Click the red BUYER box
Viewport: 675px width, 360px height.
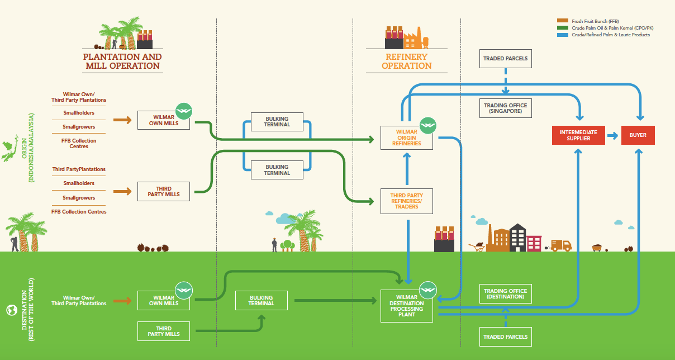pos(638,135)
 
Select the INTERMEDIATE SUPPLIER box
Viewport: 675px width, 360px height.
pos(578,135)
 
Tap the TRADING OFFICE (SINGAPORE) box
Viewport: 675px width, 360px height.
pos(505,108)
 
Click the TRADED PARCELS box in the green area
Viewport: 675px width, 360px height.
pos(505,337)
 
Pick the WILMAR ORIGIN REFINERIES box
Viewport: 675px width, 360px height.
pos(406,138)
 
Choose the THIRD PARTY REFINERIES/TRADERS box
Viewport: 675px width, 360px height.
pos(406,201)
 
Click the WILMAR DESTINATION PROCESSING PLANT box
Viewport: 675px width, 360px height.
pos(406,306)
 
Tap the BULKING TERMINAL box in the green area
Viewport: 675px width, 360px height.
pos(262,300)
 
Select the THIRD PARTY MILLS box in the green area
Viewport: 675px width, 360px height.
pos(164,331)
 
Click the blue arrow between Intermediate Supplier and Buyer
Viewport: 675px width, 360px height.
pos(612,135)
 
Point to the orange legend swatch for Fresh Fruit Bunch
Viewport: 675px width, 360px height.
pos(563,21)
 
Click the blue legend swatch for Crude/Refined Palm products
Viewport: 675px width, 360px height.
pos(563,35)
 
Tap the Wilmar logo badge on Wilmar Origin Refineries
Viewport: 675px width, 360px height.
pos(428,125)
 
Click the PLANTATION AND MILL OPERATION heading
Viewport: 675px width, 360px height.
pos(122,61)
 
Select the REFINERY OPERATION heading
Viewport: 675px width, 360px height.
pos(406,61)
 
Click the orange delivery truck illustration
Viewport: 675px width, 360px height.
pos(561,245)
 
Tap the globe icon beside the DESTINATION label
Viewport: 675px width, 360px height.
pos(12,310)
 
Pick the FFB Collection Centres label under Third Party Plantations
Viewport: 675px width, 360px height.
pos(79,212)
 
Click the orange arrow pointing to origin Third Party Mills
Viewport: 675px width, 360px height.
pos(122,191)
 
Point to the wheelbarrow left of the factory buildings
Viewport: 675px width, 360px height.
pos(477,247)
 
